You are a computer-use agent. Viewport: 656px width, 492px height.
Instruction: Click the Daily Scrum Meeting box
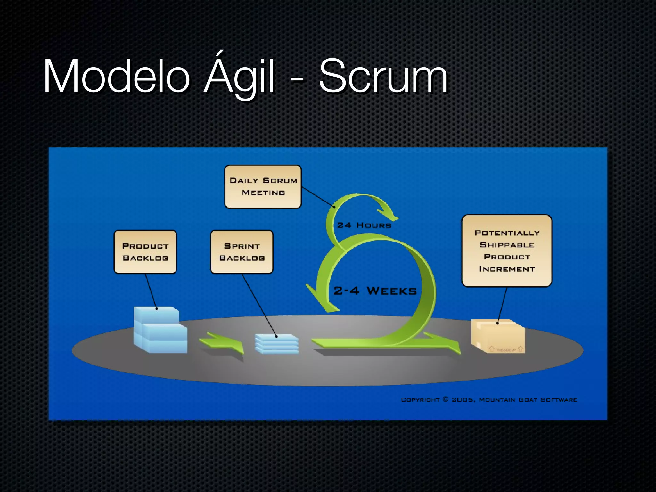tap(263, 187)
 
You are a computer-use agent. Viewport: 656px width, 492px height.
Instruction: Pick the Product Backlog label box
tap(145, 252)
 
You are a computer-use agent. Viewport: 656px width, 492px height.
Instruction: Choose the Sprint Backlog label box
tap(242, 252)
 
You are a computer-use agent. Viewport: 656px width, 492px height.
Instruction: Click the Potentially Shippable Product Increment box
tap(507, 251)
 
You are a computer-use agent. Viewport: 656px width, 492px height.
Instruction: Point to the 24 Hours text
tap(364, 225)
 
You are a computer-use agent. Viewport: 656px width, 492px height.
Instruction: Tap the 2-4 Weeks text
tap(375, 291)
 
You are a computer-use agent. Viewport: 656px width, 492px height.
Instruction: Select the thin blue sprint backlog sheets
tap(276, 344)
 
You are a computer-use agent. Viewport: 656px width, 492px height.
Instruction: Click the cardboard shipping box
tap(498, 336)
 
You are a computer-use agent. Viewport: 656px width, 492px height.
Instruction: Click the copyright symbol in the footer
tap(446, 399)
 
